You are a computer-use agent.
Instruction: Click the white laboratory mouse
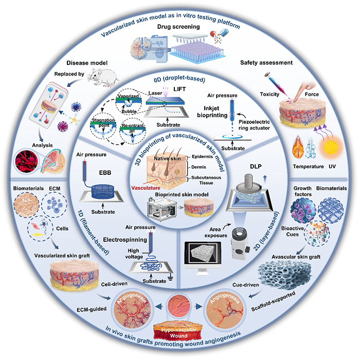pos(103,77)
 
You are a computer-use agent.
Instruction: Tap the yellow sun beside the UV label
pos(331,147)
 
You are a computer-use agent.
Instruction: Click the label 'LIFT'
pos(179,89)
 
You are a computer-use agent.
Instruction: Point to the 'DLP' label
pos(256,167)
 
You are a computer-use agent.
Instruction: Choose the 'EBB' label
pos(105,173)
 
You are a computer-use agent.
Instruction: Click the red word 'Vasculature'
pos(146,188)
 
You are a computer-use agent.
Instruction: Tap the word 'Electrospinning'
pos(125,240)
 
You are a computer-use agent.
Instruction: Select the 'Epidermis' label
pos(202,156)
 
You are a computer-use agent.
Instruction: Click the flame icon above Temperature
pos(298,147)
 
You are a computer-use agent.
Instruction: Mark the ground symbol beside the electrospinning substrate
pos(170,279)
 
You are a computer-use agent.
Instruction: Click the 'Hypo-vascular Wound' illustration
pos(178,331)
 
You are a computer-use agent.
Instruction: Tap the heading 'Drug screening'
pos(178,27)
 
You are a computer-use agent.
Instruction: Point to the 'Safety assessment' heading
pos(266,63)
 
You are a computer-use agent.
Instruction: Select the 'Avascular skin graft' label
pos(296,257)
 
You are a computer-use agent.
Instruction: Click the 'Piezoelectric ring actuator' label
pos(254,125)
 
